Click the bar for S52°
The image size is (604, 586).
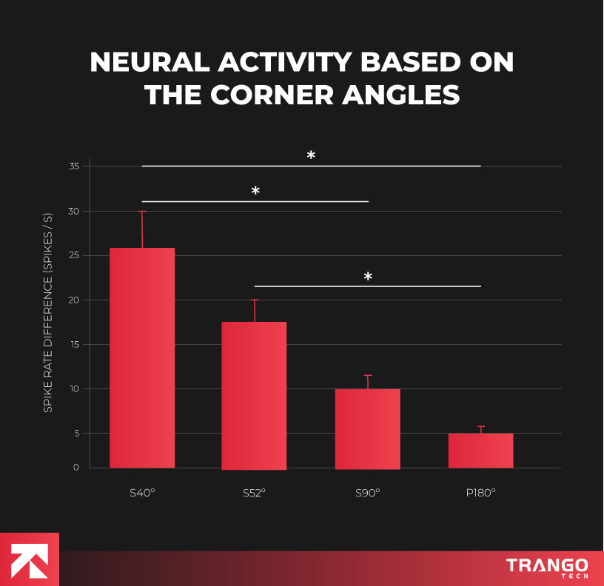click(x=254, y=395)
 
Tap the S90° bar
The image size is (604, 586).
click(x=367, y=428)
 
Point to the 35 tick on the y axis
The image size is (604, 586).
click(x=74, y=166)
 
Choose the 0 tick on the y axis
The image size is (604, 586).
click(x=76, y=468)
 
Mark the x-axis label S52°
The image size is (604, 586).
click(x=254, y=492)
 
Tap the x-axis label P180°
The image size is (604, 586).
click(x=480, y=492)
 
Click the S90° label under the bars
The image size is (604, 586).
click(x=367, y=492)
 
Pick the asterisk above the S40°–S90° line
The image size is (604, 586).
click(x=255, y=192)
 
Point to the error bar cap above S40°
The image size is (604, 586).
click(x=142, y=212)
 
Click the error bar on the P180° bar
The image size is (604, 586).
click(x=481, y=429)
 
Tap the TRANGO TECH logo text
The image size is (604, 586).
click(x=547, y=568)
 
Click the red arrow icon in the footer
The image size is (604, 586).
click(x=30, y=559)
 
